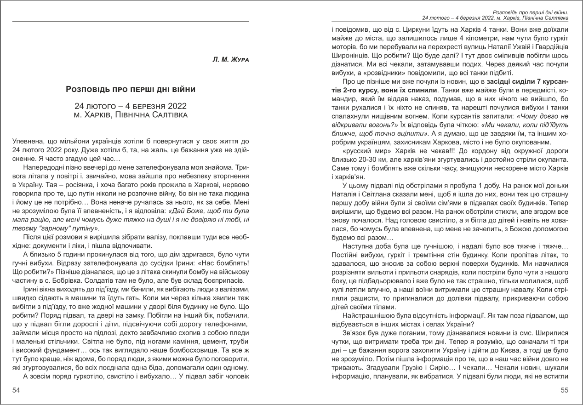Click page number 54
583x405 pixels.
17,390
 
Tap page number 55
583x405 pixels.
565,390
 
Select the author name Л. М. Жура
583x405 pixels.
230,60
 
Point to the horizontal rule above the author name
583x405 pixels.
131,22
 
